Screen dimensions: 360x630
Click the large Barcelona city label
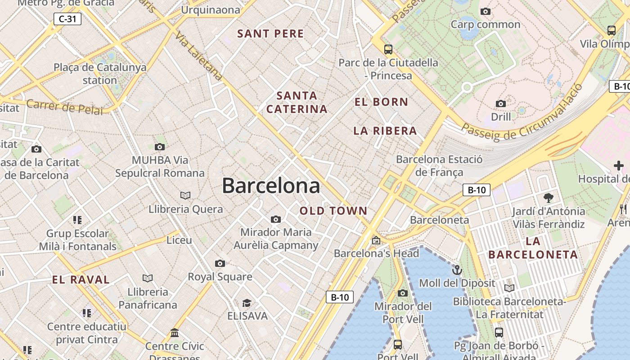pyautogui.click(x=271, y=186)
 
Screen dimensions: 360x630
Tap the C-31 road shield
pyautogui.click(x=67, y=19)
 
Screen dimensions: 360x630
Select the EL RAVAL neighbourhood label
pyautogui.click(x=81, y=279)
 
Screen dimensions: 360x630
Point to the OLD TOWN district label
pyautogui.click(x=333, y=211)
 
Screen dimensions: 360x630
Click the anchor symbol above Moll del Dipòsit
pyautogui.click(x=457, y=270)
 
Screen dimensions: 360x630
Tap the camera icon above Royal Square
pyautogui.click(x=220, y=263)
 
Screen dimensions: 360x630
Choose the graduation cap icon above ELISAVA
pyautogui.click(x=247, y=303)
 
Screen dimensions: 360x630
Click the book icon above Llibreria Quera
pyautogui.click(x=185, y=195)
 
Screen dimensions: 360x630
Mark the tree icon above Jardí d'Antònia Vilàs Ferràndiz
pyautogui.click(x=548, y=198)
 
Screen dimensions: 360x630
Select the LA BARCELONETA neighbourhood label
pyautogui.click(x=533, y=248)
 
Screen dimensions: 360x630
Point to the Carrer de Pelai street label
pyautogui.click(x=64, y=107)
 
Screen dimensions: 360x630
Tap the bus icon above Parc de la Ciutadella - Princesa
pyautogui.click(x=388, y=49)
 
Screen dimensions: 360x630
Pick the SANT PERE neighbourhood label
pyautogui.click(x=270, y=34)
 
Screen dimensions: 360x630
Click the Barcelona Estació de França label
pyautogui.click(x=439, y=166)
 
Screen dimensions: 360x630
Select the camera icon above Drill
pyautogui.click(x=500, y=104)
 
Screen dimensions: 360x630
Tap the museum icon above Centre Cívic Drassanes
pyautogui.click(x=175, y=333)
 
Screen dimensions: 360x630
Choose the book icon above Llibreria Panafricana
pyautogui.click(x=148, y=278)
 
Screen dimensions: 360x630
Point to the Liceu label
pyautogui.click(x=179, y=240)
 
